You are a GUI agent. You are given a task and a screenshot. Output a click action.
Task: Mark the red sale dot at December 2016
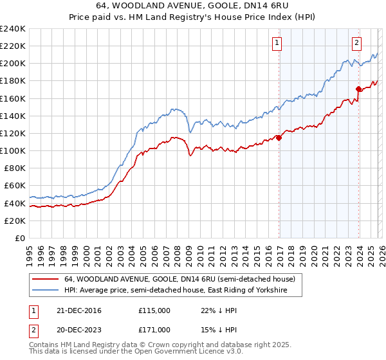click(279, 137)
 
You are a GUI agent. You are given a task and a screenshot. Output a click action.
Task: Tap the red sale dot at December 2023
click(358, 88)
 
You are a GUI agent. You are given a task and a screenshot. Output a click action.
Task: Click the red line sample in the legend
click(46, 279)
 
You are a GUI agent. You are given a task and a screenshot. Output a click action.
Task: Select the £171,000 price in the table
click(154, 329)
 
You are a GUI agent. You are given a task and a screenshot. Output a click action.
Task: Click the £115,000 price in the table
click(154, 310)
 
